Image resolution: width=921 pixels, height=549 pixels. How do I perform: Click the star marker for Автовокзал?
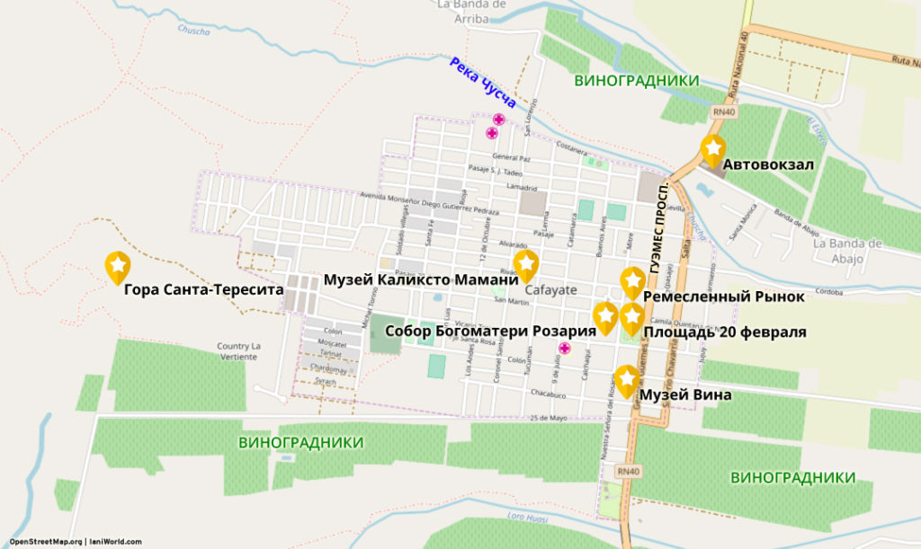[712, 149]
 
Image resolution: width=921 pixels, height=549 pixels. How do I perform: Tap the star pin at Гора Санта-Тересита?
[118, 266]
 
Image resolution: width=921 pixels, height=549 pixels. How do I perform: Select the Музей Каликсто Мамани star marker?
[525, 264]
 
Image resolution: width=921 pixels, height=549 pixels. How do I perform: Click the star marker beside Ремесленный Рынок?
[632, 282]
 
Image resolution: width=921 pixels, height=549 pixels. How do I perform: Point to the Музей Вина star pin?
[627, 380]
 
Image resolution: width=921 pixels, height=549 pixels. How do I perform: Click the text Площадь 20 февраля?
[724, 332]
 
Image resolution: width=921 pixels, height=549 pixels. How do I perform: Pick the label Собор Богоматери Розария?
[490, 331]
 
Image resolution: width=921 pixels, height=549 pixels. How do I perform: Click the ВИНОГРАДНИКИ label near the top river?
[636, 80]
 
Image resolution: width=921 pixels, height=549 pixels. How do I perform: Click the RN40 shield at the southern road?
[628, 471]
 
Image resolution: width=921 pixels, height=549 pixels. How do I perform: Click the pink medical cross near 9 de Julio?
[565, 349]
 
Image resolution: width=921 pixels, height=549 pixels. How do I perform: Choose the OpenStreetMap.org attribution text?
[46, 542]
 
